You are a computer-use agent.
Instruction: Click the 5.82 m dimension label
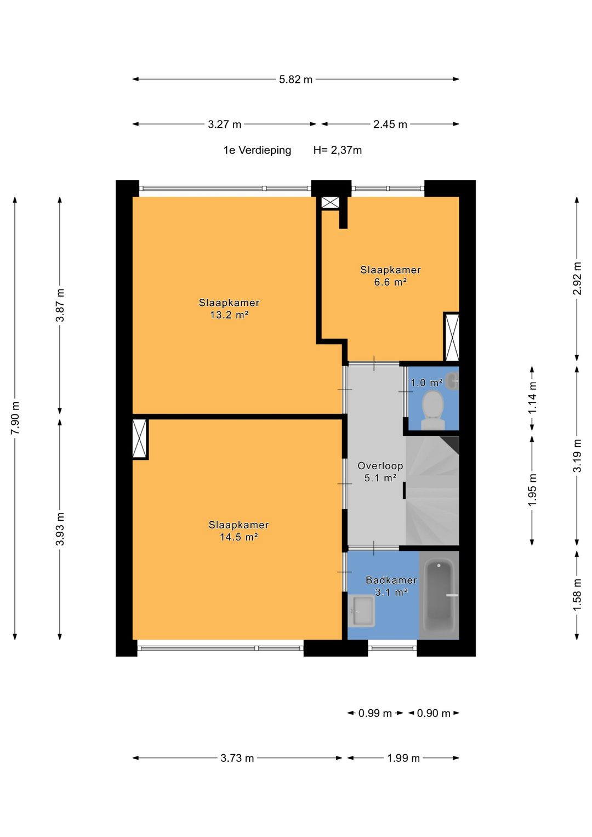click(295, 79)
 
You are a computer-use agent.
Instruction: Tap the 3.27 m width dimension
click(225, 124)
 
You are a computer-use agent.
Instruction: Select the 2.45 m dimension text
click(390, 124)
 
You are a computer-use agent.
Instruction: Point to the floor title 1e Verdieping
click(257, 150)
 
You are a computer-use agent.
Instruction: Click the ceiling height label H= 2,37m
click(338, 150)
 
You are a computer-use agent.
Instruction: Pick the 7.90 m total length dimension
click(15, 418)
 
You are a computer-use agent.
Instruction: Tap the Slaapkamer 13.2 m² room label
click(229, 309)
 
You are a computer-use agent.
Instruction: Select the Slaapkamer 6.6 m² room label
click(390, 276)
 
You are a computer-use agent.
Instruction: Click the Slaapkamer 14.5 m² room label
click(239, 531)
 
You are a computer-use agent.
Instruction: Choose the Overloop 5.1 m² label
click(380, 471)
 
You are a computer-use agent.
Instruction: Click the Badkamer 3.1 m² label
click(391, 586)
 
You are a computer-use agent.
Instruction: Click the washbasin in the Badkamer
click(361, 611)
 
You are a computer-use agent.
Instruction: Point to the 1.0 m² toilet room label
click(426, 383)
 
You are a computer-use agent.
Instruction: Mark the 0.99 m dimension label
click(375, 713)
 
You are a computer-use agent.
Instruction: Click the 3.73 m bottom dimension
click(237, 758)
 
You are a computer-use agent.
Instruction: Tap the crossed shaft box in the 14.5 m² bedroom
click(140, 439)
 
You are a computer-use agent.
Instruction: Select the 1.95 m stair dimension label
click(532, 490)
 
